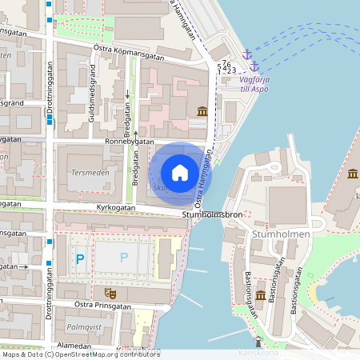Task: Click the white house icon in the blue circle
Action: coord(180,172)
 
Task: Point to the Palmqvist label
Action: coord(82,327)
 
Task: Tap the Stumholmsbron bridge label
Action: coord(211,214)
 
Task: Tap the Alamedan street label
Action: coord(76,346)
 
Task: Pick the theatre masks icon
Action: coord(110,293)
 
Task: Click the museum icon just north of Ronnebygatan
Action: coord(202,112)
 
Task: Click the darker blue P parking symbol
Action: coord(79,258)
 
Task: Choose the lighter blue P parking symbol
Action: coord(123,258)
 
